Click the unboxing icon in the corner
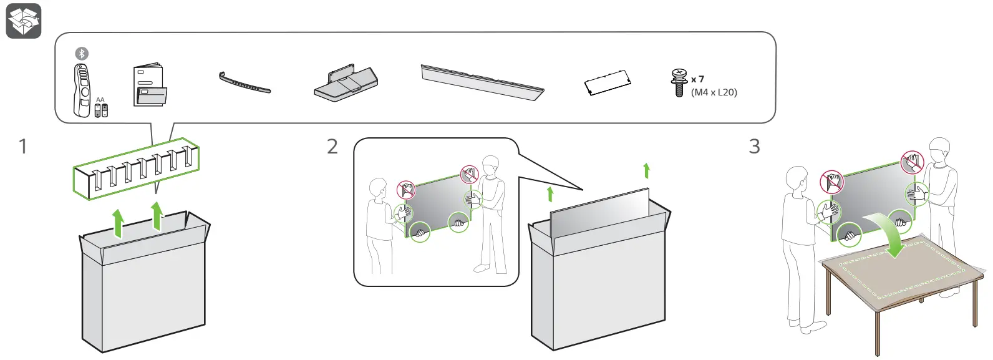point(24,21)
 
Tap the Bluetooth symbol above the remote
point(82,54)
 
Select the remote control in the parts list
point(81,90)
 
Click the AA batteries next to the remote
point(101,110)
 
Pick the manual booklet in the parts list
point(149,85)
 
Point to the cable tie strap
point(244,83)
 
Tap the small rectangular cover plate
point(608,83)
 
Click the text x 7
point(698,79)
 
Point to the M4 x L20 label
point(714,92)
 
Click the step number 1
point(23,147)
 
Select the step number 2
point(332,147)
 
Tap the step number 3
point(754,147)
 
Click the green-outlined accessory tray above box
point(136,168)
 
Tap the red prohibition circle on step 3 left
point(831,182)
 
